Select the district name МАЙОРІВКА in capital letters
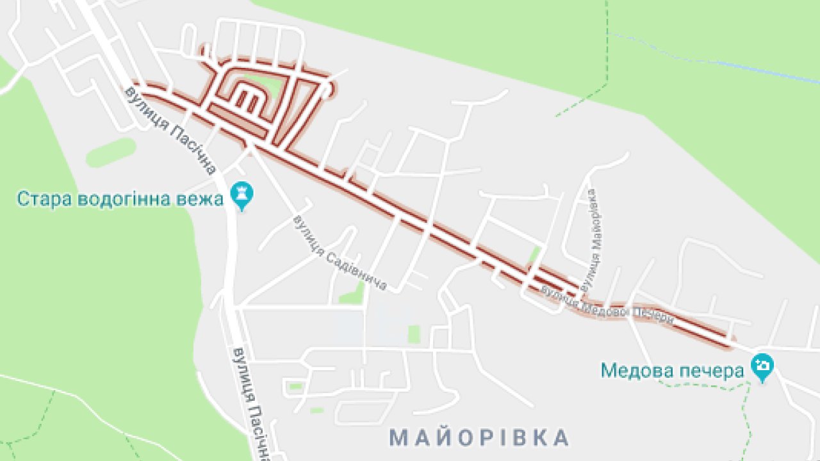pyautogui.click(x=479, y=438)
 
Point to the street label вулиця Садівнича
pyautogui.click(x=340, y=254)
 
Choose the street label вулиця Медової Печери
pyautogui.click(x=607, y=305)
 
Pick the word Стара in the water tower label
pyautogui.click(x=44, y=199)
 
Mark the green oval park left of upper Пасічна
pyautogui.click(x=111, y=152)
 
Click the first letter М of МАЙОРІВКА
pyautogui.click(x=398, y=438)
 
